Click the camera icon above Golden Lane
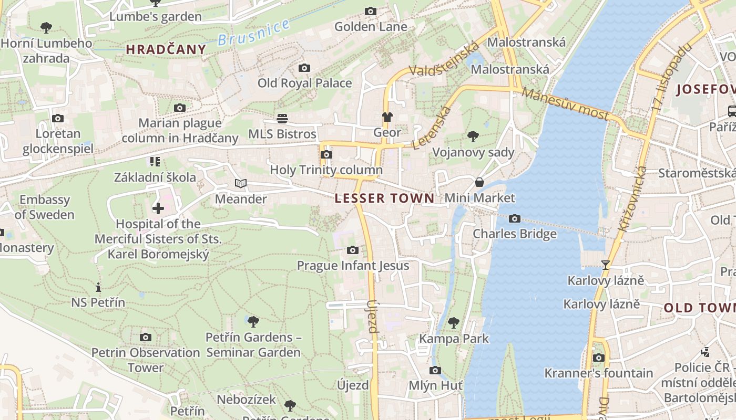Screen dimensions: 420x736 (371, 11)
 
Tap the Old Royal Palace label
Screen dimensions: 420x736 (304, 83)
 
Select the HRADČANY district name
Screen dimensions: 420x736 (166, 49)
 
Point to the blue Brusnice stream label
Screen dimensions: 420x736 (254, 32)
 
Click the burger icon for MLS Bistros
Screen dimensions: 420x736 (283, 118)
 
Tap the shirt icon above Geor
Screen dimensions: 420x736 (387, 117)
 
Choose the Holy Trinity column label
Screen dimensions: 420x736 (326, 170)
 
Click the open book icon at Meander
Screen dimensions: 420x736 (241, 183)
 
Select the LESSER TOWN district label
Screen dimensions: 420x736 (385, 198)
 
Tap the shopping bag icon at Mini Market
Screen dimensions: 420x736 (479, 182)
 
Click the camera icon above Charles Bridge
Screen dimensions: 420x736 (515, 218)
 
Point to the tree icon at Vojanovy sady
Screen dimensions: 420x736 (473, 136)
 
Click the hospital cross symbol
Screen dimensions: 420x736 (158, 208)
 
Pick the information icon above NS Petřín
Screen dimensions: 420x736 (98, 287)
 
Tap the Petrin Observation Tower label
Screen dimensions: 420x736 (146, 360)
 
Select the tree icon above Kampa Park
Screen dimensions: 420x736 (454, 323)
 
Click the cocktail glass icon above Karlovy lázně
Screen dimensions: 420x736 (606, 265)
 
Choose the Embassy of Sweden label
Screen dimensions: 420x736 (45, 207)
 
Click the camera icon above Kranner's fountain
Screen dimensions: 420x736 (598, 358)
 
